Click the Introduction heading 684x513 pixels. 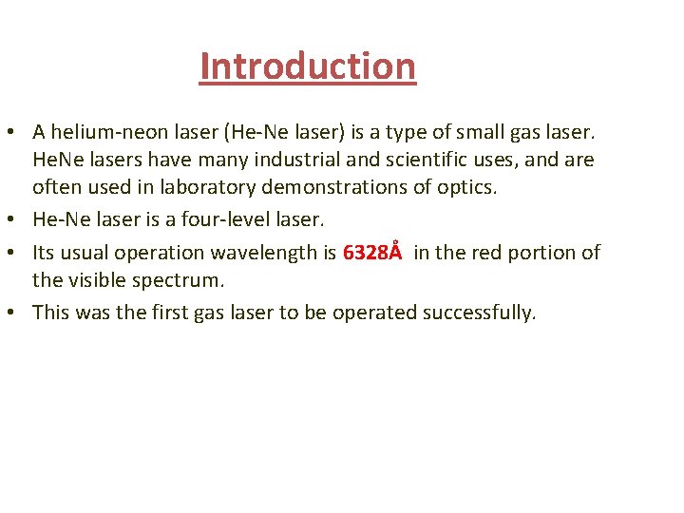tap(308, 66)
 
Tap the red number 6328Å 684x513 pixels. tap(371, 253)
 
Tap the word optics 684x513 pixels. tap(465, 187)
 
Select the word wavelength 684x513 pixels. tap(271, 253)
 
